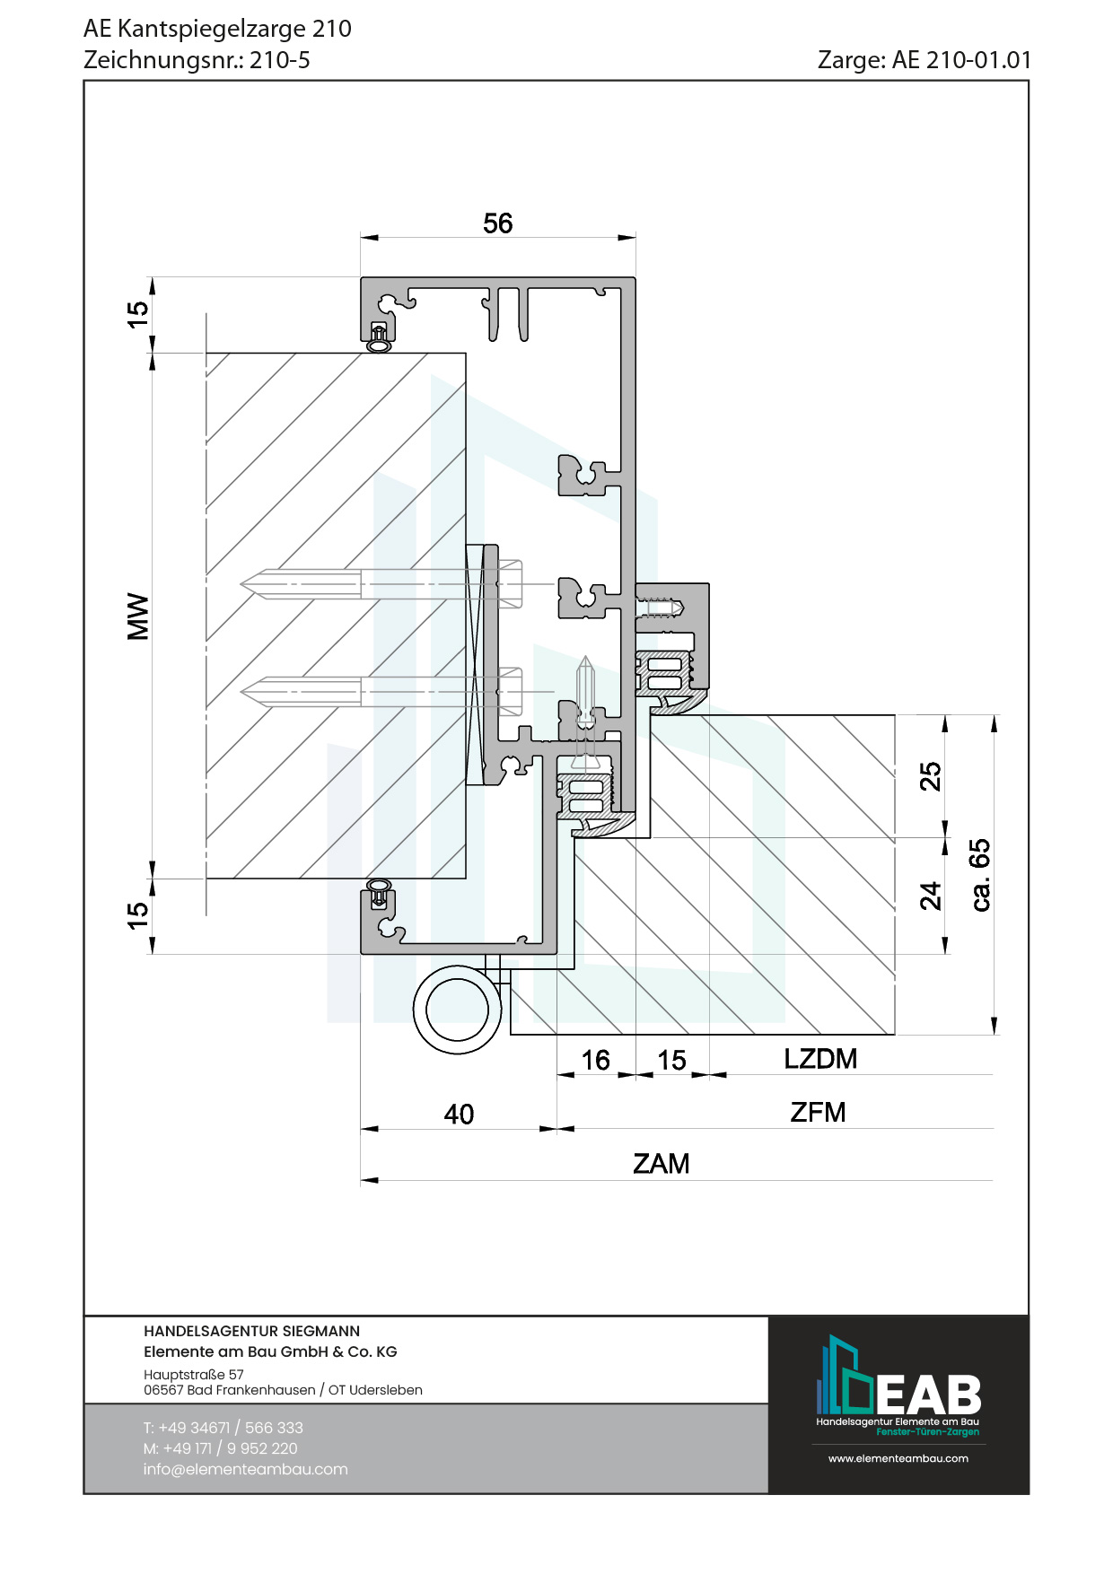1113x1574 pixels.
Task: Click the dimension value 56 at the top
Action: [497, 223]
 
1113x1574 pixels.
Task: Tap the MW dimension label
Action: [138, 616]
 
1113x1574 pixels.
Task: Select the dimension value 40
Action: [459, 1115]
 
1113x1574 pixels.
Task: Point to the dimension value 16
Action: [595, 1061]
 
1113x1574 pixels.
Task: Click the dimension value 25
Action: [931, 776]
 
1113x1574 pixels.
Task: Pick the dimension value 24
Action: [931, 896]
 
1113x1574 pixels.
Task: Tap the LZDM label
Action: [820, 1059]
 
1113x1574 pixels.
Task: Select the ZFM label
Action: [818, 1113]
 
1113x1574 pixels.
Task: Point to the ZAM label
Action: [662, 1164]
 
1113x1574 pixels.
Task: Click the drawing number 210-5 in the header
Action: [280, 60]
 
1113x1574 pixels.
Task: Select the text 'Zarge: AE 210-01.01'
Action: [925, 60]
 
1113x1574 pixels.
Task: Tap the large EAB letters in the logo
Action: [928, 1395]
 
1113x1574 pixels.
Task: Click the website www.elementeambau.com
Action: [898, 1458]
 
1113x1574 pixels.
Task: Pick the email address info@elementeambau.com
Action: [245, 1469]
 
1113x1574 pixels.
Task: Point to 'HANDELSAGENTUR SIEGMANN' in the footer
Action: [251, 1332]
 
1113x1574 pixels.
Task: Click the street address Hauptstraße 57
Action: [194, 1375]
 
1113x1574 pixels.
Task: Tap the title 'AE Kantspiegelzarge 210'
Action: [217, 29]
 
